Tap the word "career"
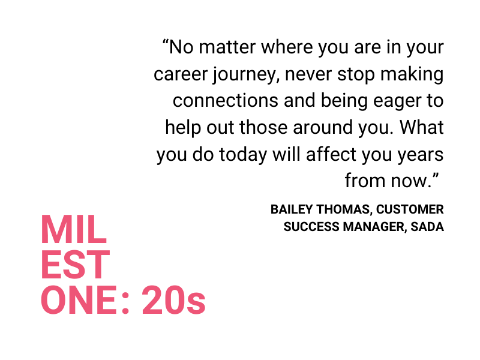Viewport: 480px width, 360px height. tap(181, 74)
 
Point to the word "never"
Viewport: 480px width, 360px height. tap(308, 74)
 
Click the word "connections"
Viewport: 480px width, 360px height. tap(226, 100)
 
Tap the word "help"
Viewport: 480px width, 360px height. tap(183, 127)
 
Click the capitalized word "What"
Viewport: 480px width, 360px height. tap(422, 127)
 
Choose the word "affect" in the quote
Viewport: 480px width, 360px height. tap(331, 154)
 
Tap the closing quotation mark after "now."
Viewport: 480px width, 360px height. tap(436, 176)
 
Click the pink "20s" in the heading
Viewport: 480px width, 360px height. tap(173, 300)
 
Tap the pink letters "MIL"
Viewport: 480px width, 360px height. tap(74, 229)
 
